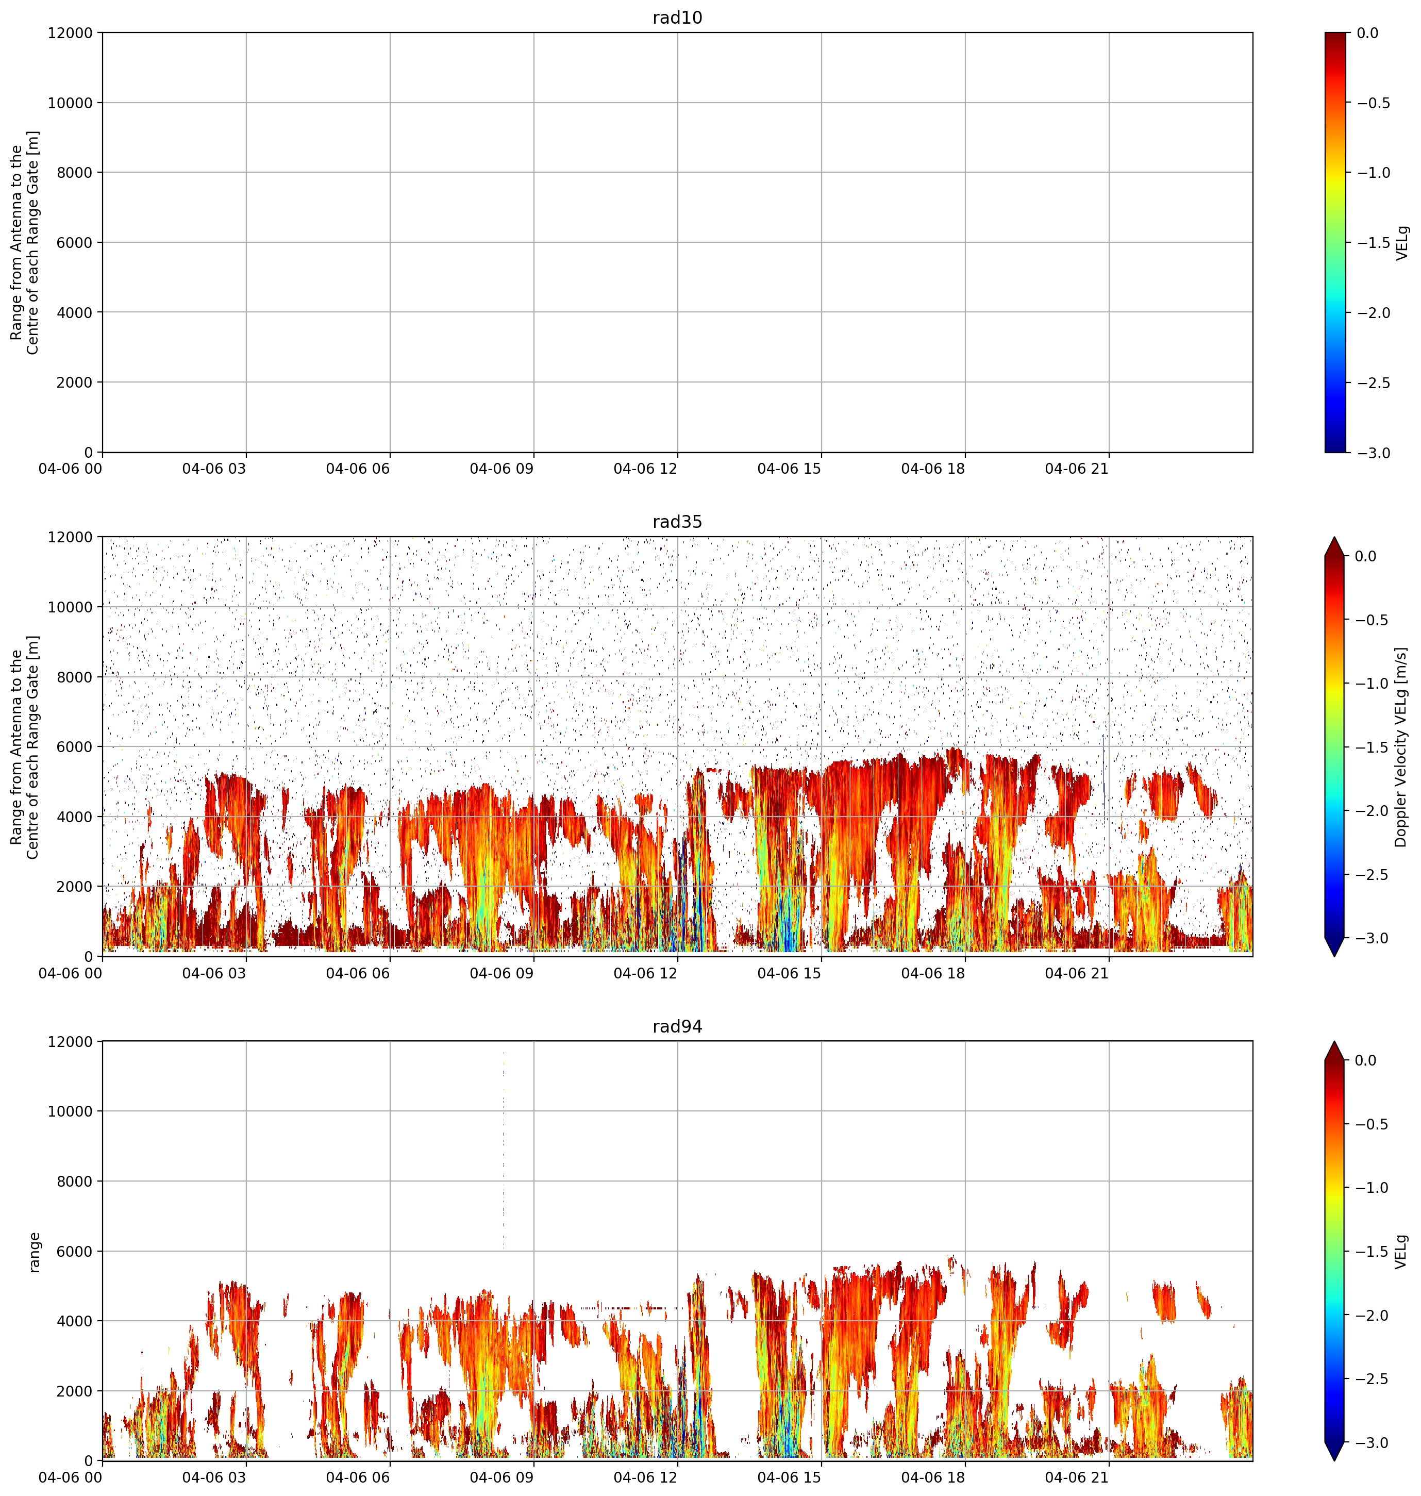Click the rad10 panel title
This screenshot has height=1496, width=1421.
pyautogui.click(x=677, y=18)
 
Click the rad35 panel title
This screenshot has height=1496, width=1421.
pyautogui.click(x=677, y=522)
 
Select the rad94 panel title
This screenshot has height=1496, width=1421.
pyautogui.click(x=677, y=1026)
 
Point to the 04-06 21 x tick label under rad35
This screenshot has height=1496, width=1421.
pyautogui.click(x=1076, y=973)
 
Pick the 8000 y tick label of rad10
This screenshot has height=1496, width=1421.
pyautogui.click(x=74, y=173)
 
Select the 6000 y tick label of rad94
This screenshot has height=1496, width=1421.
pyautogui.click(x=74, y=1251)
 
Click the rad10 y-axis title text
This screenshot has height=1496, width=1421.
pyautogui.click(x=24, y=242)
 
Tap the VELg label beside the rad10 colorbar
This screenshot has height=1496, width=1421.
pyautogui.click(x=1403, y=242)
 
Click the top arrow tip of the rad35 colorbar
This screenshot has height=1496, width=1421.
pyautogui.click(x=1335, y=538)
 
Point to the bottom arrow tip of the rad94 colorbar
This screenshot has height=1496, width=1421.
pyautogui.click(x=1335, y=1461)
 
